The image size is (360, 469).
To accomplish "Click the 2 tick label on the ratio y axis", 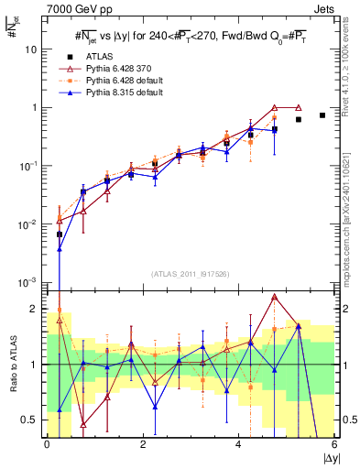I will tap(36, 309).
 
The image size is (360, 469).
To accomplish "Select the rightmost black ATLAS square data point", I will tap(322, 115).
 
